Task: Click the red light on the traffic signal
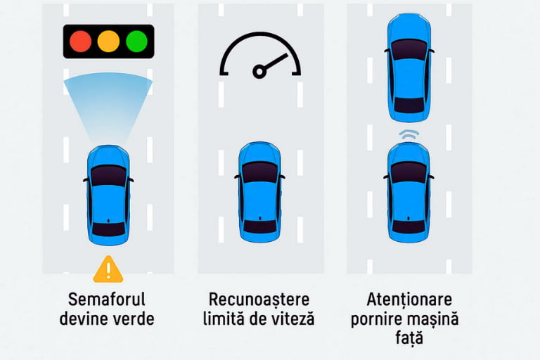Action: pyautogui.click(x=81, y=41)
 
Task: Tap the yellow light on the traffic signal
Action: pyautogui.click(x=108, y=41)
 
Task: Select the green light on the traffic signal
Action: pyautogui.click(x=136, y=41)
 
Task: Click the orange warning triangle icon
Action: pyautogui.click(x=108, y=269)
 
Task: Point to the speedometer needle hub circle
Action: pyautogui.click(x=259, y=71)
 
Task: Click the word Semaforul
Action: pyautogui.click(x=107, y=299)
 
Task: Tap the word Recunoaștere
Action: pyautogui.click(x=259, y=300)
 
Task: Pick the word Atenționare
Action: pyautogui.click(x=409, y=300)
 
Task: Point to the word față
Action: pyautogui.click(x=409, y=338)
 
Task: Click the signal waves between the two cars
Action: pyautogui.click(x=409, y=135)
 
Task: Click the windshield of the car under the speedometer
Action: pyautogui.click(x=259, y=172)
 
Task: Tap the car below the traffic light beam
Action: pyautogui.click(x=108, y=195)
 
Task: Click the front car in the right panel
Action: pyautogui.click(x=409, y=67)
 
